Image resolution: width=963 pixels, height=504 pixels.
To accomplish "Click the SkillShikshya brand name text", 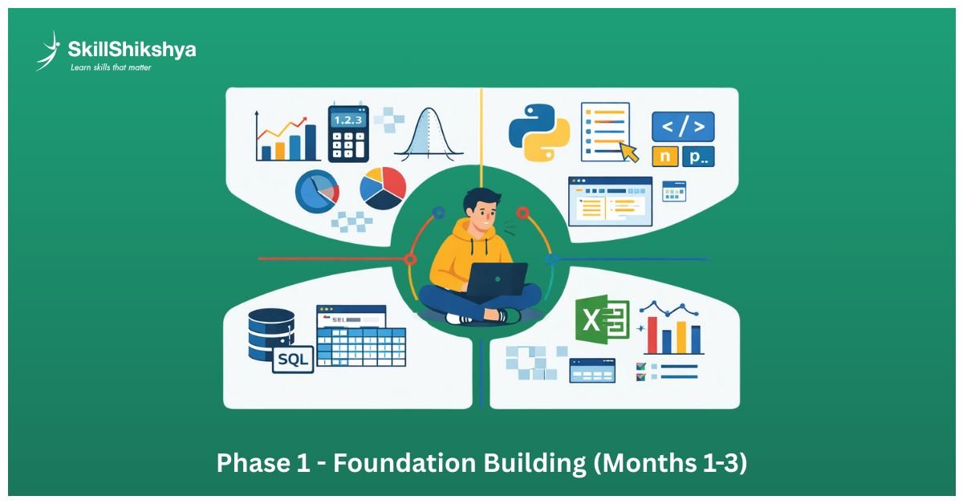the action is point(132,50).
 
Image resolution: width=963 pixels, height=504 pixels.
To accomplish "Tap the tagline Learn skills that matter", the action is point(111,67).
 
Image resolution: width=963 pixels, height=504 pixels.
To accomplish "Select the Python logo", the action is point(539,132).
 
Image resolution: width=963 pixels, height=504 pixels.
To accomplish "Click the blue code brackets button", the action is point(683,127).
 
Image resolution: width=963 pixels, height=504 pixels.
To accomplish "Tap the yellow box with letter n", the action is point(664,156).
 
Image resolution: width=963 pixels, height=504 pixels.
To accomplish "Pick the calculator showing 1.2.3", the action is point(348,134).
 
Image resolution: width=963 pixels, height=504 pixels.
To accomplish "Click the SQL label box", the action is point(293,359).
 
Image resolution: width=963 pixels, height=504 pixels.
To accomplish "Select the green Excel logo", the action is point(603,319).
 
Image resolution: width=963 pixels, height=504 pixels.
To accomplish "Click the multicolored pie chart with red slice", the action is point(383,188).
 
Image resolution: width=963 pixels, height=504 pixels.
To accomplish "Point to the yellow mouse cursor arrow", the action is point(628,152).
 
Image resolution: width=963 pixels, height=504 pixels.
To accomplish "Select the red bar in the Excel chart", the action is point(652,335).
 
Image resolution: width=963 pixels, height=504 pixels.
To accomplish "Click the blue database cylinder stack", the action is point(271,334).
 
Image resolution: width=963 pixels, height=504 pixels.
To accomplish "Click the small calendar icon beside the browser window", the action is point(673,191).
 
